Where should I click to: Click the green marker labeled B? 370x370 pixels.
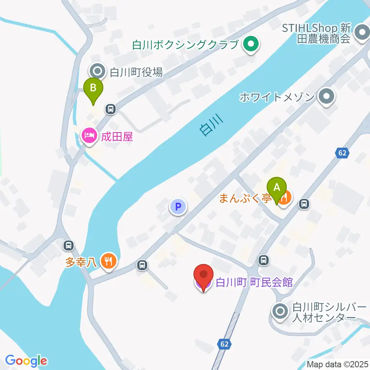tap(93, 88)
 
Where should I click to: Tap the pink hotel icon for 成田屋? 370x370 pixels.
tap(89, 135)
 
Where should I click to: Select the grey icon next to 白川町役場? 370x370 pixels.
tap(97, 72)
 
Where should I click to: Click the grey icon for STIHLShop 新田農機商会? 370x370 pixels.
tap(362, 33)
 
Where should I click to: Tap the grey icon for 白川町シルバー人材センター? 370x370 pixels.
tap(279, 311)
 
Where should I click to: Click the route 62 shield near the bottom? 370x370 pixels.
tap(224, 343)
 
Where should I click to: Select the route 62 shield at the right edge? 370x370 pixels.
tap(341, 153)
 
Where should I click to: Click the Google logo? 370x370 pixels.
tap(26, 361)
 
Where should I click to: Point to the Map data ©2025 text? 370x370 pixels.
tap(338, 364)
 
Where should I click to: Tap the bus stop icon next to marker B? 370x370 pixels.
tap(111, 109)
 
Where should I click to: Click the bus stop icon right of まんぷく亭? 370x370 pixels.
tap(304, 204)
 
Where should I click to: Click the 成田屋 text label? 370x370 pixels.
tap(117, 136)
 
